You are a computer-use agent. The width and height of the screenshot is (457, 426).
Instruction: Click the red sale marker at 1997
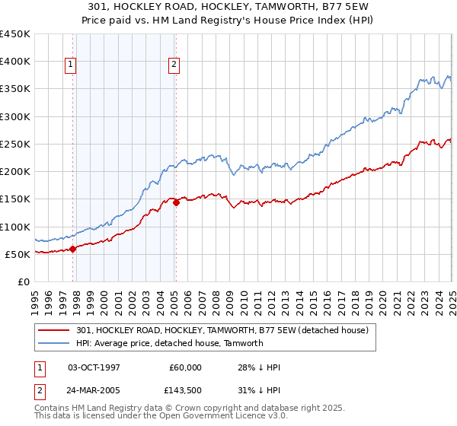click(73, 248)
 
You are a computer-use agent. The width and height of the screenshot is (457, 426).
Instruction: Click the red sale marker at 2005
click(176, 202)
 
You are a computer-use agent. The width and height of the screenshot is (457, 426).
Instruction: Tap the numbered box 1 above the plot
click(69, 65)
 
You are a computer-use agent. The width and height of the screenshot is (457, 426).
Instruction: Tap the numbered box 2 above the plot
click(174, 65)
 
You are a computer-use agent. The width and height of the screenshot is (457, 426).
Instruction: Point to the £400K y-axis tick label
click(15, 62)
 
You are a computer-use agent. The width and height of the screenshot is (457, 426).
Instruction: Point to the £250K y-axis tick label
click(15, 144)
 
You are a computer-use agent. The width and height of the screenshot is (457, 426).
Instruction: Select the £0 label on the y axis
click(24, 281)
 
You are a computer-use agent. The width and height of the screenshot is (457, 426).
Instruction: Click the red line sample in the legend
click(54, 330)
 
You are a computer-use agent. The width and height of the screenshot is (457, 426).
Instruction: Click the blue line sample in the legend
click(54, 343)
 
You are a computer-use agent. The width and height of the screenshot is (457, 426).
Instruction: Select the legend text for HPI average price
click(169, 343)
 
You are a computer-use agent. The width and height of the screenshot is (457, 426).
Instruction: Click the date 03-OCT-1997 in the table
click(94, 367)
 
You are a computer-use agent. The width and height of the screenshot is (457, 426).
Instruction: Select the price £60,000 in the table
click(185, 367)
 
